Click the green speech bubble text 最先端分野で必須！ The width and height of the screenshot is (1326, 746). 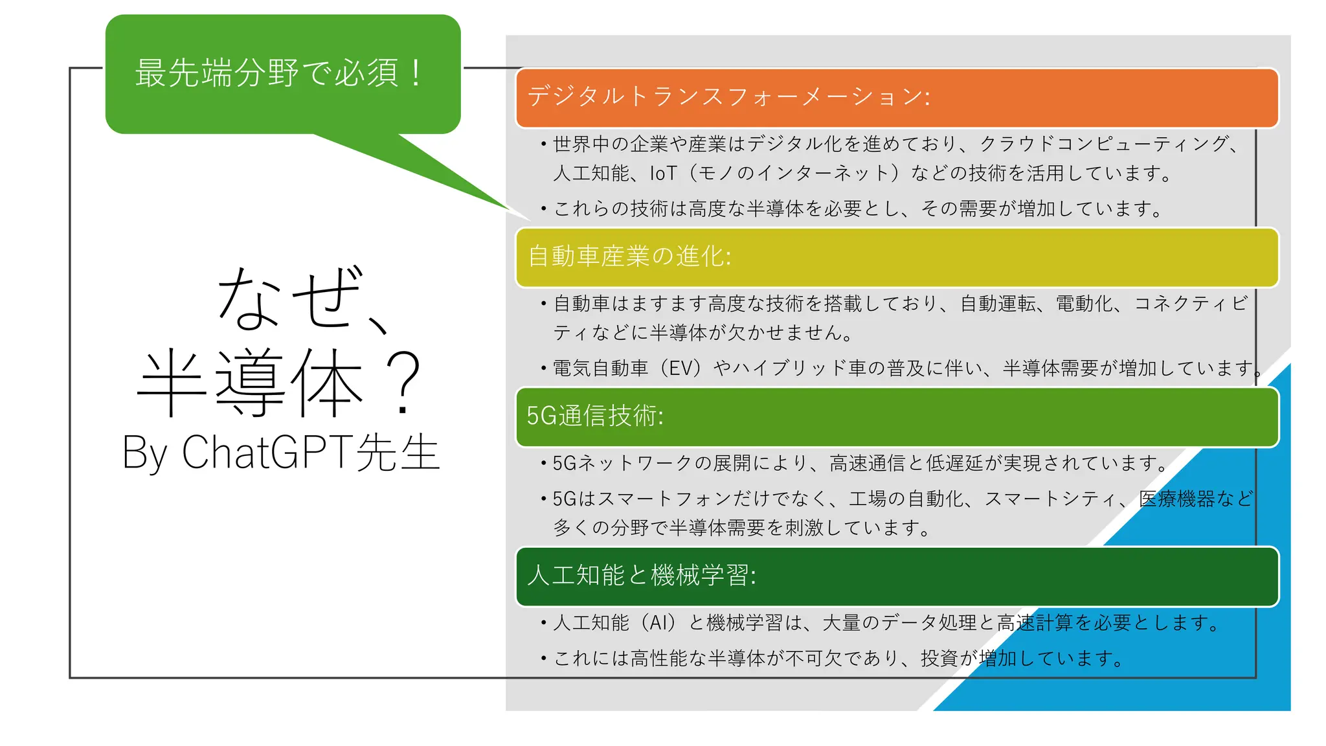(279, 73)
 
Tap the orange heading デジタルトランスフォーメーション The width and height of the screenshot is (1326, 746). (728, 97)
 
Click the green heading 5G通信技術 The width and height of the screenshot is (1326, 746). (594, 416)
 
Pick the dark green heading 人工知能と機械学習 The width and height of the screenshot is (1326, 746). (641, 575)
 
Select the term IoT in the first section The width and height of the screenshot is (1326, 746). (663, 174)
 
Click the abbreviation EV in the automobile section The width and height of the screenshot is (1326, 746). (685, 368)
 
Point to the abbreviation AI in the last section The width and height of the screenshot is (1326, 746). (662, 623)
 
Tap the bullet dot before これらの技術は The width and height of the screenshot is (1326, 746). (544, 209)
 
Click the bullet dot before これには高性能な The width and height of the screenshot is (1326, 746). (544, 659)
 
